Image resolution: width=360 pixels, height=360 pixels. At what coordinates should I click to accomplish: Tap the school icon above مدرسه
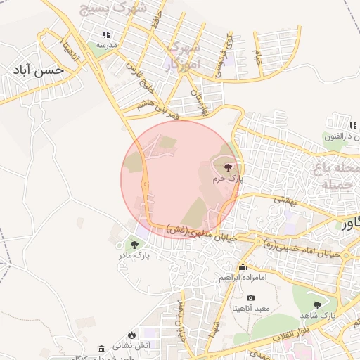click(x=106, y=34)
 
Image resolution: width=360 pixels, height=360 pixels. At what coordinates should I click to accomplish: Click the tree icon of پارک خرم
click(x=227, y=167)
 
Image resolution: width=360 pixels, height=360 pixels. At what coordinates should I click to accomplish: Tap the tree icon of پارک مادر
click(x=134, y=245)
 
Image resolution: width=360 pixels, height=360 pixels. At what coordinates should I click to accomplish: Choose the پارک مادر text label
click(x=134, y=256)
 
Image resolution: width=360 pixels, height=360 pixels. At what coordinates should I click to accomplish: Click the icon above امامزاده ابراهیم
click(x=243, y=267)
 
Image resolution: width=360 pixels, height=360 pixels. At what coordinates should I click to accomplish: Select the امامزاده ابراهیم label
click(x=243, y=278)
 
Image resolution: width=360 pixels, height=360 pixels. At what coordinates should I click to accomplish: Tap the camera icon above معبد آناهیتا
click(x=250, y=298)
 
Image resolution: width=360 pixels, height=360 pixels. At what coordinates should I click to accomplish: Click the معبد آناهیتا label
click(x=251, y=309)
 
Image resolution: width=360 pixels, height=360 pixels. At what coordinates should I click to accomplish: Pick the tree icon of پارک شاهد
click(x=317, y=304)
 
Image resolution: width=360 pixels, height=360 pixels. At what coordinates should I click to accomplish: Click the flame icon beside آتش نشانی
click(x=131, y=335)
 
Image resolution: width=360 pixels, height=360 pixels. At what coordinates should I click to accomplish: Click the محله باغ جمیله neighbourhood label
click(x=337, y=177)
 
